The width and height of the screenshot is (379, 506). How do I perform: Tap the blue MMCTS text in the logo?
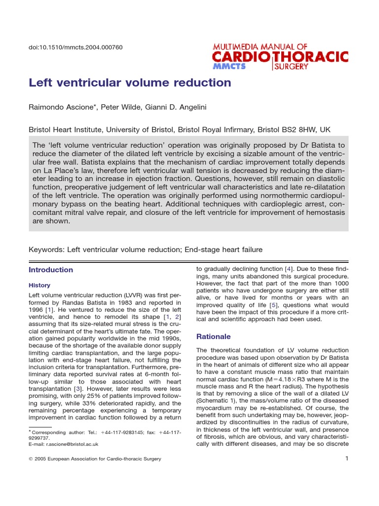point(229,66)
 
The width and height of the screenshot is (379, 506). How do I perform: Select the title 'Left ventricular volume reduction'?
point(130,83)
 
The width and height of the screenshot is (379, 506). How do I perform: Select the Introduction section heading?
point(51,270)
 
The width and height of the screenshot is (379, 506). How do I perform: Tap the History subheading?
point(39,286)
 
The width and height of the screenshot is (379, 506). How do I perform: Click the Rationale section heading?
point(214,337)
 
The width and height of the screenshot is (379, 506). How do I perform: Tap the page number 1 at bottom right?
point(347,459)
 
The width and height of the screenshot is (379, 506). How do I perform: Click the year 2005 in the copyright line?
point(43,459)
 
